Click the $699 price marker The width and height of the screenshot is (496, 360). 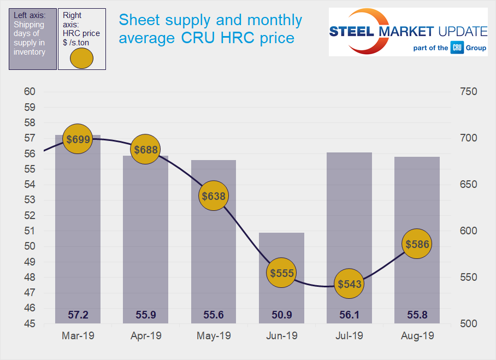[x=78, y=139]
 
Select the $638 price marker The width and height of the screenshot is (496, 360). [x=213, y=196]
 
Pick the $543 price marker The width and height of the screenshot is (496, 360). [x=349, y=284]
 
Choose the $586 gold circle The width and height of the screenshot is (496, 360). [x=417, y=244]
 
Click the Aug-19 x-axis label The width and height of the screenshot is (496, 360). [x=417, y=336]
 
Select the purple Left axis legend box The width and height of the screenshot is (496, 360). [x=33, y=38]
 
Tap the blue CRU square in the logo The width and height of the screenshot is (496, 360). [x=457, y=48]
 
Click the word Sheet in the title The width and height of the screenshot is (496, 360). [x=137, y=20]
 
